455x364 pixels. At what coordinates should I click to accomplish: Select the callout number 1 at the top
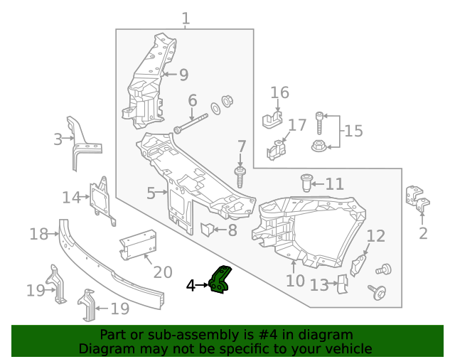[186, 18]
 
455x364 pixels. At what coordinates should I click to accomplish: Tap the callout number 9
[183, 75]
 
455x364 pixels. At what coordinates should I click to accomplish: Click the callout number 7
[241, 149]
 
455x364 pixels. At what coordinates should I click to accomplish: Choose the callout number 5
[151, 193]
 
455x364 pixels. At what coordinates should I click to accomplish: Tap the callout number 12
[375, 236]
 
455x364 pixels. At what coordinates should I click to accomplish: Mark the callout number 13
[319, 285]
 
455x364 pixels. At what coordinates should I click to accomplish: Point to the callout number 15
[353, 131]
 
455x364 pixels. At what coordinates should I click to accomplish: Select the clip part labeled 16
[271, 119]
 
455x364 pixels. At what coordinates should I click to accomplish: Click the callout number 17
[297, 126]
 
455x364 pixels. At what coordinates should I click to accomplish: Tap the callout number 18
[38, 233]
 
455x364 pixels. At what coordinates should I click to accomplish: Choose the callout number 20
[163, 272]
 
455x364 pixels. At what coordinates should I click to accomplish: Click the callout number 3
[58, 139]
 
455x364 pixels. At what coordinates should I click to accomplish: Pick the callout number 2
[423, 233]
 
